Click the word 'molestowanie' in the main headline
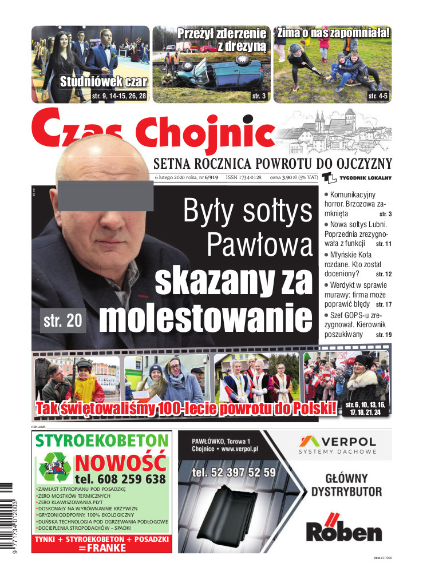[206, 318]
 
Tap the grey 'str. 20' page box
[63, 321]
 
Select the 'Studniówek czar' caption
[104, 82]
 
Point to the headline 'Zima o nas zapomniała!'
[333, 33]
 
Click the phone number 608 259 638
[120, 479]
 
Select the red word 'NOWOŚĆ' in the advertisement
[121, 462]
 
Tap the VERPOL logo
[338, 444]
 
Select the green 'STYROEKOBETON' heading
[102, 441]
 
